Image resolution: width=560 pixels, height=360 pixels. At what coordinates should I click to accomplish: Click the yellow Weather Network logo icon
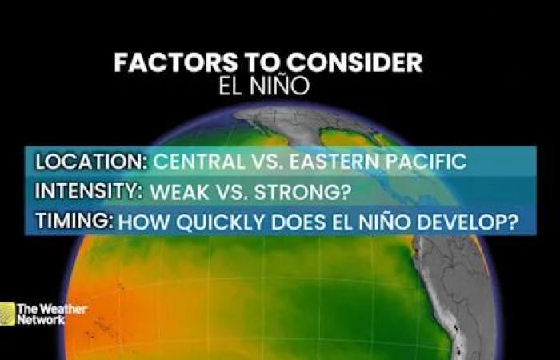(x=7, y=313)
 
